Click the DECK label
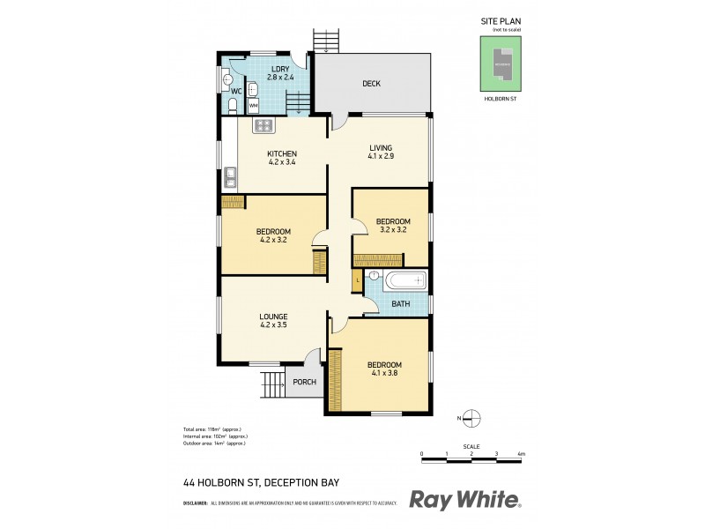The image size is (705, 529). tap(371, 85)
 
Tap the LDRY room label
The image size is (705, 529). tap(280, 69)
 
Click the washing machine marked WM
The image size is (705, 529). tap(254, 106)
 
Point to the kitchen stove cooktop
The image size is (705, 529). tap(263, 125)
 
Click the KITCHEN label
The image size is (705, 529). tap(282, 153)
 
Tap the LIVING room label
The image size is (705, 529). tap(380, 147)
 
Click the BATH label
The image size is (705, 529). tap(401, 304)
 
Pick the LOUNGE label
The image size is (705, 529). tap(274, 316)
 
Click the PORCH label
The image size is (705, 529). tap(305, 382)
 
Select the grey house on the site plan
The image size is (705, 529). tap(501, 64)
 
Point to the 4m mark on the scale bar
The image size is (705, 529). tap(521, 453)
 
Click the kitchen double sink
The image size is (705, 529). tap(229, 177)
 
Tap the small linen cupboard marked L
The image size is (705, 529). tap(357, 282)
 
